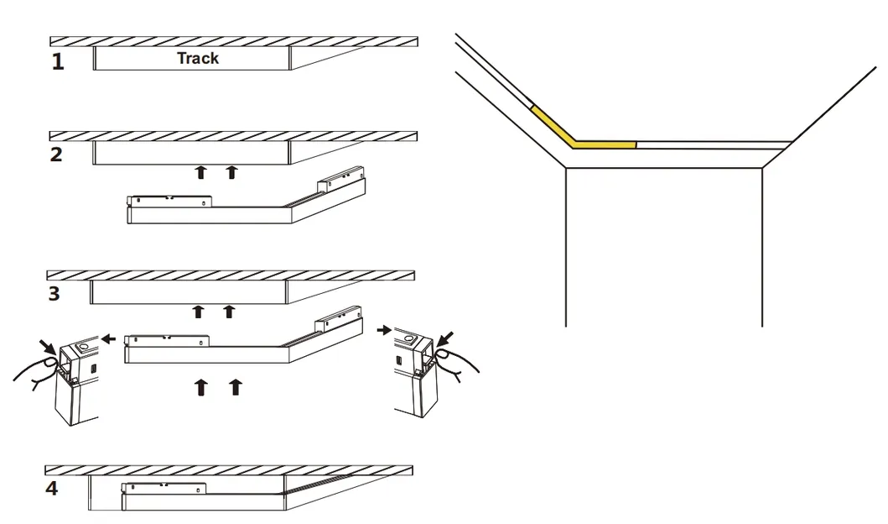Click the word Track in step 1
click(198, 58)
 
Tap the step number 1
click(57, 62)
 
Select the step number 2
click(56, 155)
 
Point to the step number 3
click(54, 294)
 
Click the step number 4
click(52, 488)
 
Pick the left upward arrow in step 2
click(200, 173)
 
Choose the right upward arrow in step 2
click(231, 173)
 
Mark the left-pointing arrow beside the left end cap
click(109, 338)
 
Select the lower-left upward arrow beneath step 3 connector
click(201, 387)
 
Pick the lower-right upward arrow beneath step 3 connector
click(236, 387)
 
